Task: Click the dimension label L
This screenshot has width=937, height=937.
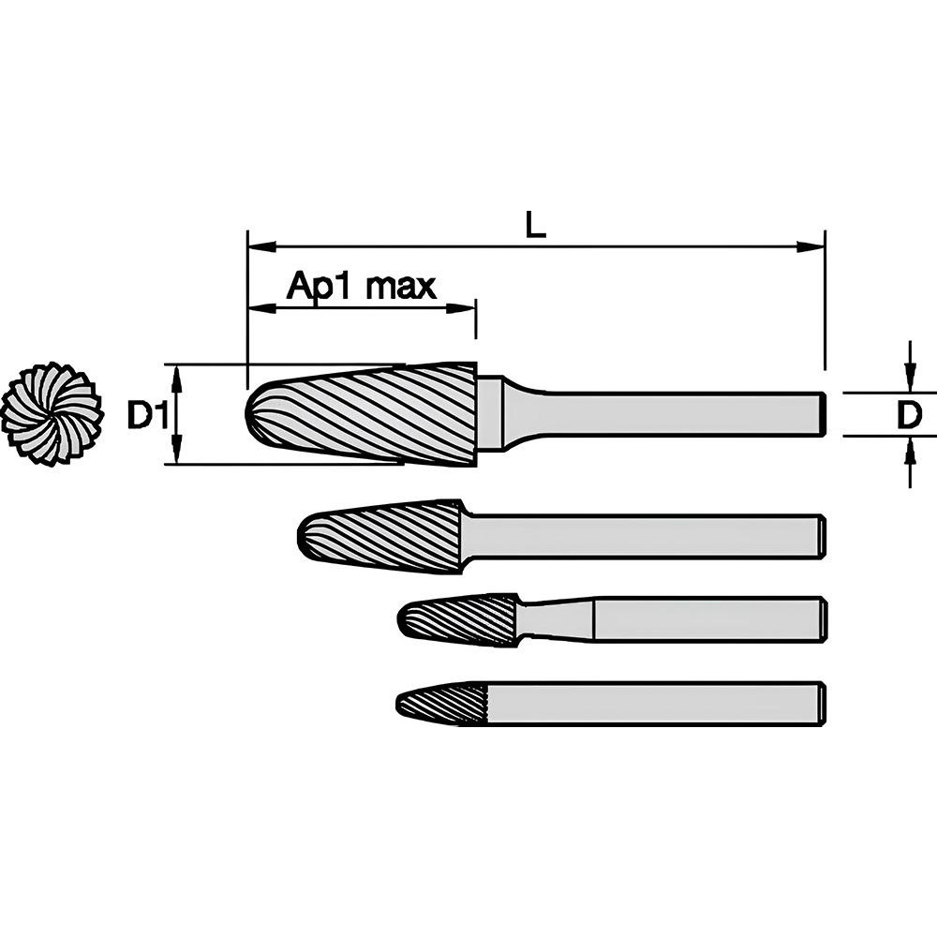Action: point(535,224)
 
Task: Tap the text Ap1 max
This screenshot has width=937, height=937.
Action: point(361,286)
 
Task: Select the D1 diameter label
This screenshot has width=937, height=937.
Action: point(147,414)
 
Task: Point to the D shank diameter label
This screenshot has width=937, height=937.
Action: point(909,414)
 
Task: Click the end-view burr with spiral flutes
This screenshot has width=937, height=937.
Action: point(51,413)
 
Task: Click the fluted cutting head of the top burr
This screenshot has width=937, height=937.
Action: point(365,413)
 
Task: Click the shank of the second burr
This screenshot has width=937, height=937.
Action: point(647,537)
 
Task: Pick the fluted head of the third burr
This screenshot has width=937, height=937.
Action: point(459,619)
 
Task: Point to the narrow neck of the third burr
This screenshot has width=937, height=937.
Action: point(553,619)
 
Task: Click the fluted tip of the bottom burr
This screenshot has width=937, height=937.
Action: point(442,703)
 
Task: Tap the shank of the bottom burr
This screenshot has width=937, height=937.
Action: point(656,703)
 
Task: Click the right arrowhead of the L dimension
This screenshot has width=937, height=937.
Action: point(811,247)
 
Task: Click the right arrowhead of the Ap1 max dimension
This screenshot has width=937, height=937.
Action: point(464,307)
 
